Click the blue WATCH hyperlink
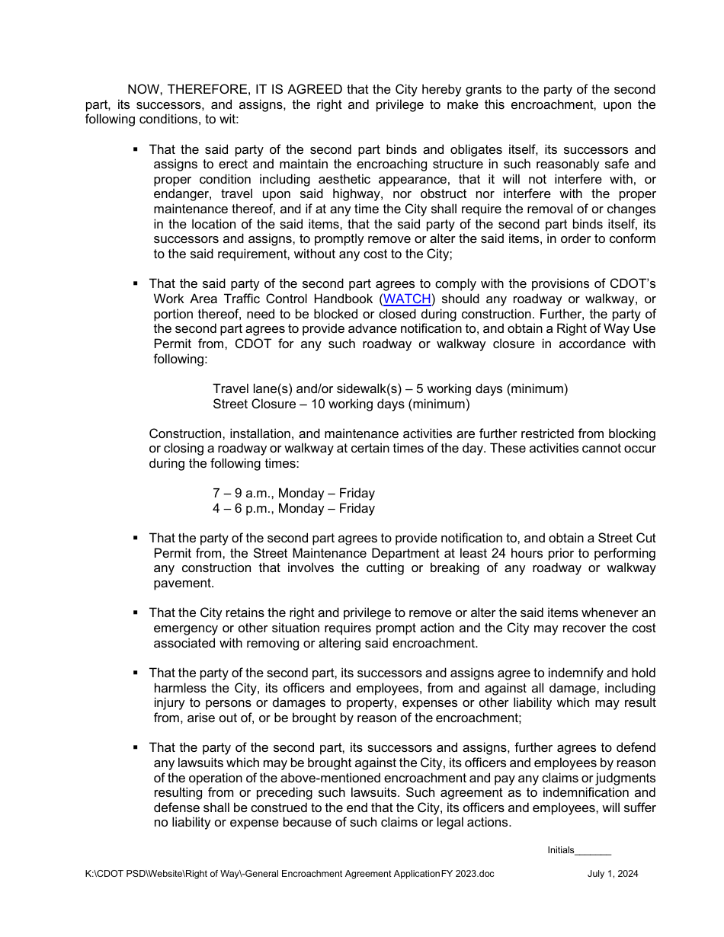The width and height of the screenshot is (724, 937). coord(408,299)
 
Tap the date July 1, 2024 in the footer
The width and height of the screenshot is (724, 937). coord(613,874)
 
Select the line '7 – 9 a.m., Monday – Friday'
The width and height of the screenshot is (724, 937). coord(293,494)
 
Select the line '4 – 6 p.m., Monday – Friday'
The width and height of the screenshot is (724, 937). coord(293,508)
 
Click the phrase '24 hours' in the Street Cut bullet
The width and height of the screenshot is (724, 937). coord(528,553)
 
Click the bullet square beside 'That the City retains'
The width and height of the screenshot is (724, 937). coord(136,612)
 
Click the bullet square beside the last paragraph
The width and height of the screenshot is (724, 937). coord(136,748)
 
